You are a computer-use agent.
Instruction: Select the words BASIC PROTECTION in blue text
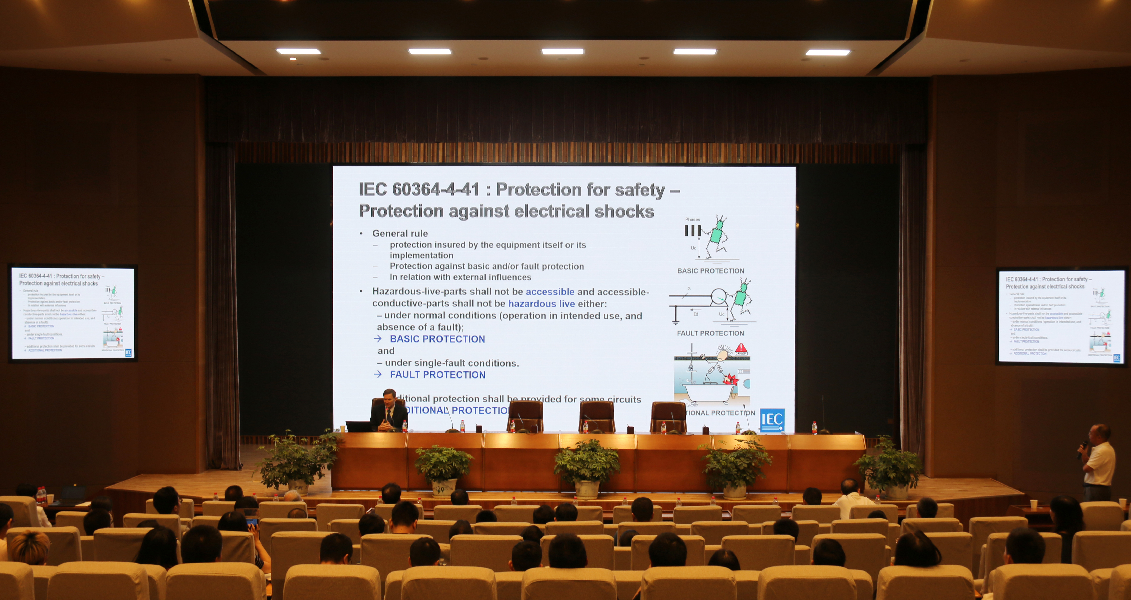pos(437,339)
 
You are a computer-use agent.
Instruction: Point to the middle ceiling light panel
pos(562,51)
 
